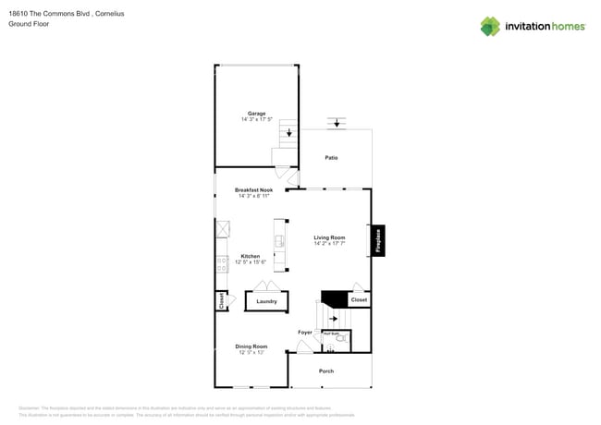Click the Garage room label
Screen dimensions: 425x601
tap(256, 114)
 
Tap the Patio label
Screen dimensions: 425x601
tap(331, 158)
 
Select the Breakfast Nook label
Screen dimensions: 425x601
tap(253, 190)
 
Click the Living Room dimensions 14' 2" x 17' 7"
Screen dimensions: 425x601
tap(329, 244)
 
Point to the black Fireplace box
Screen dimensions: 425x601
tap(378, 240)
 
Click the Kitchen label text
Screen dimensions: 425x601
tap(251, 256)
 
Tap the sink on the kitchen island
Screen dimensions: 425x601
tap(279, 242)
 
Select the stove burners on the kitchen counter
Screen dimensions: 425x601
tap(222, 264)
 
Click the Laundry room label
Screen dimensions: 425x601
tap(266, 301)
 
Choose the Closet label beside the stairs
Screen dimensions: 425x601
tap(359, 299)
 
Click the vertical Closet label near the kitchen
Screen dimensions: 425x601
tap(221, 301)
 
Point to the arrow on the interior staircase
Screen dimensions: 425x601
tap(333, 318)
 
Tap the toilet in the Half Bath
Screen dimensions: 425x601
tap(341, 339)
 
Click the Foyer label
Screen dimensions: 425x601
tap(304, 332)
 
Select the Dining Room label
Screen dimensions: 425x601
tap(251, 346)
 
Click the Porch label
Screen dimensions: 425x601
tap(326, 371)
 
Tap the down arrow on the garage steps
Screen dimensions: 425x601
tap(290, 133)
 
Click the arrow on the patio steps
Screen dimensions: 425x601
tap(337, 123)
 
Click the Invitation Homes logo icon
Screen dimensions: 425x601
tap(489, 26)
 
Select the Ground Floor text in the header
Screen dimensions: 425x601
tap(29, 24)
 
